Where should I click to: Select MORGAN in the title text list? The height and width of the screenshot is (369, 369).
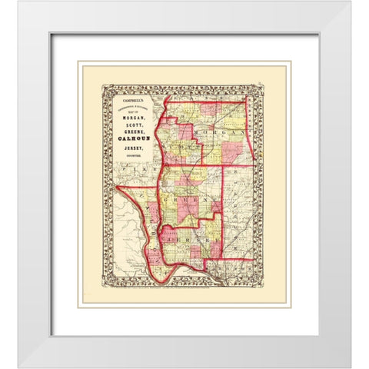(133, 118)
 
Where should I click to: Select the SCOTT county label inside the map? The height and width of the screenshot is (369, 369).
(178, 146)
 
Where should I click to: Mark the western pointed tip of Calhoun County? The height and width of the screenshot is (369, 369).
(117, 187)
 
